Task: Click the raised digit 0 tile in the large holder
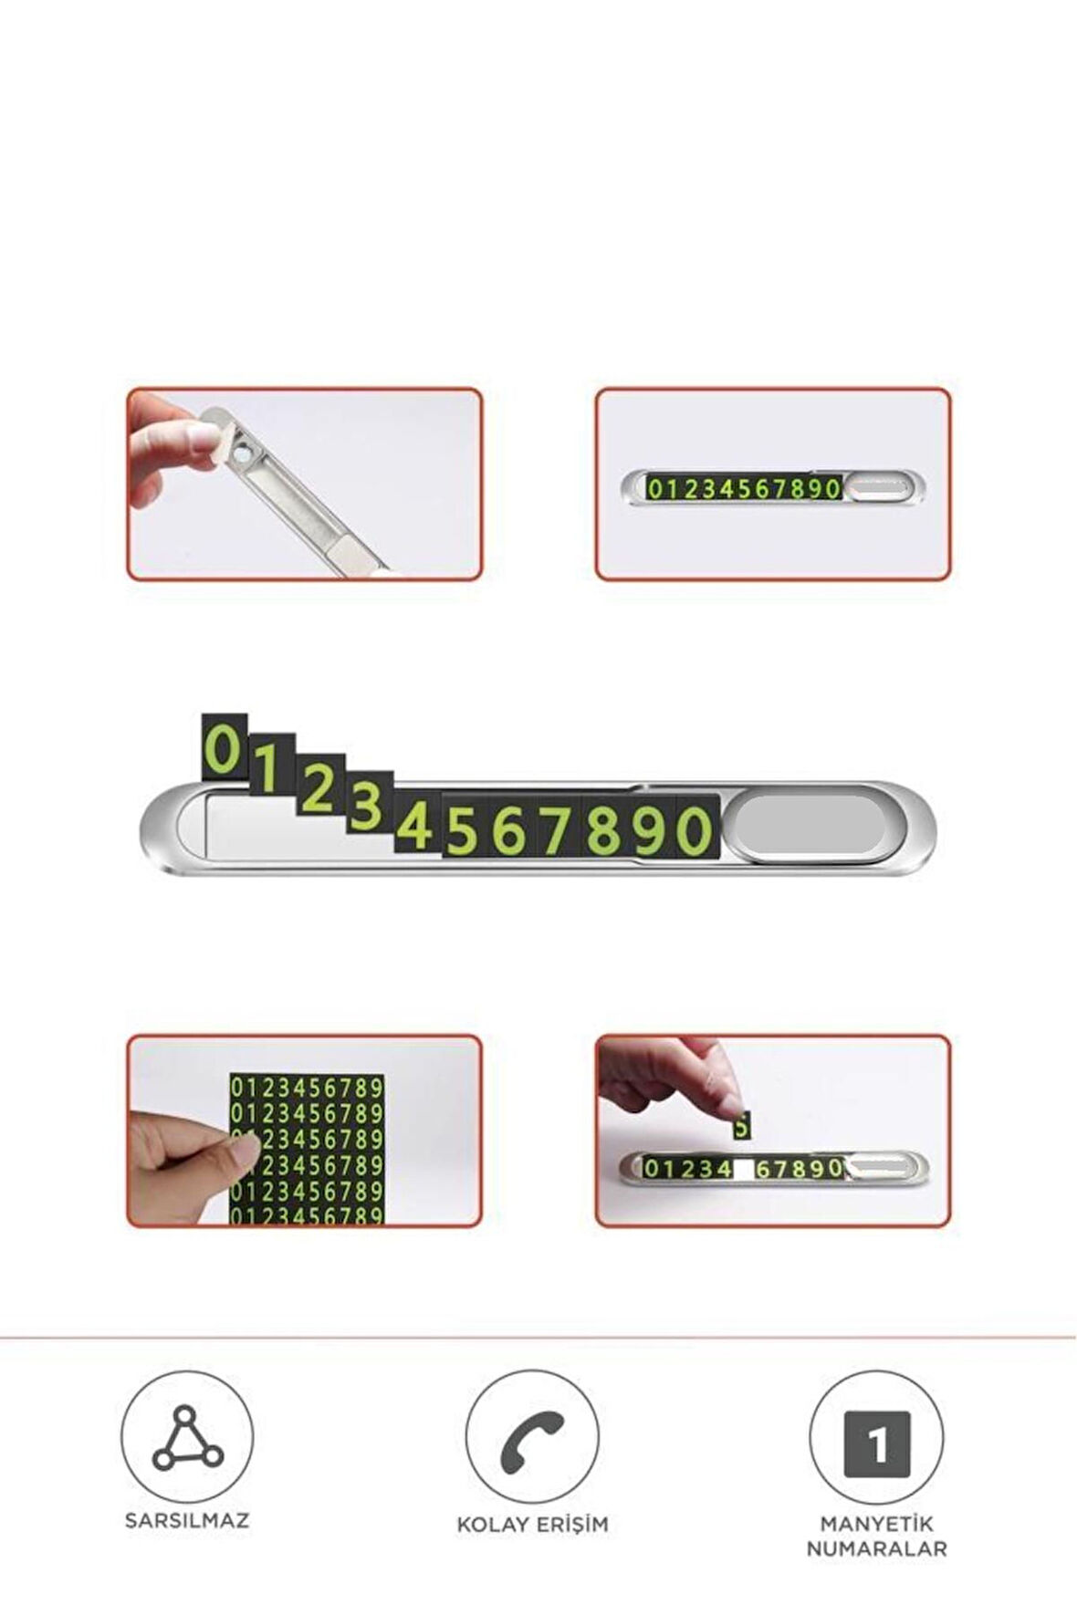coord(225,746)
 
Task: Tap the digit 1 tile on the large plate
coord(271,768)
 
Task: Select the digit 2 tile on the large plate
coord(319,788)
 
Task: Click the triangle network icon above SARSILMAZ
coord(187,1438)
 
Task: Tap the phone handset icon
coord(533,1438)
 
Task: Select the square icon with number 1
coord(876,1443)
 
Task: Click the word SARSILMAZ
coord(187,1520)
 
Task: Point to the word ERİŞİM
coord(570,1524)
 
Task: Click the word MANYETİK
coord(876,1524)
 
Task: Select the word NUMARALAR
coord(876,1548)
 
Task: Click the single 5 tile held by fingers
coord(741,1127)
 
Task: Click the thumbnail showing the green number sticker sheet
coord(304,1130)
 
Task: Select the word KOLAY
coord(492,1524)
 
